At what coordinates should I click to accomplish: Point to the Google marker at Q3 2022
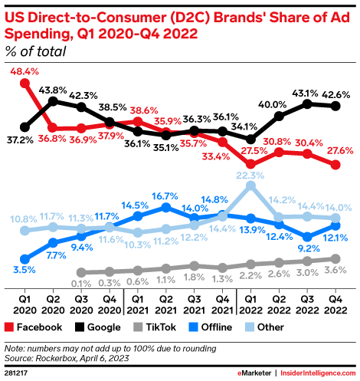[x=308, y=103]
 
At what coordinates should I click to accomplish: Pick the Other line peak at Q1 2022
[x=251, y=186]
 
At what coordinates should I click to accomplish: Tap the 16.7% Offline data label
[x=165, y=197]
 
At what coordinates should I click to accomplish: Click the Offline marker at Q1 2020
[x=25, y=258]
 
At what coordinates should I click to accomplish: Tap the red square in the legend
[x=9, y=326]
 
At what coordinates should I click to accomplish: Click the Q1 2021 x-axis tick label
[x=137, y=301]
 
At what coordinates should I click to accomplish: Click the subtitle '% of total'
[x=35, y=52]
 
